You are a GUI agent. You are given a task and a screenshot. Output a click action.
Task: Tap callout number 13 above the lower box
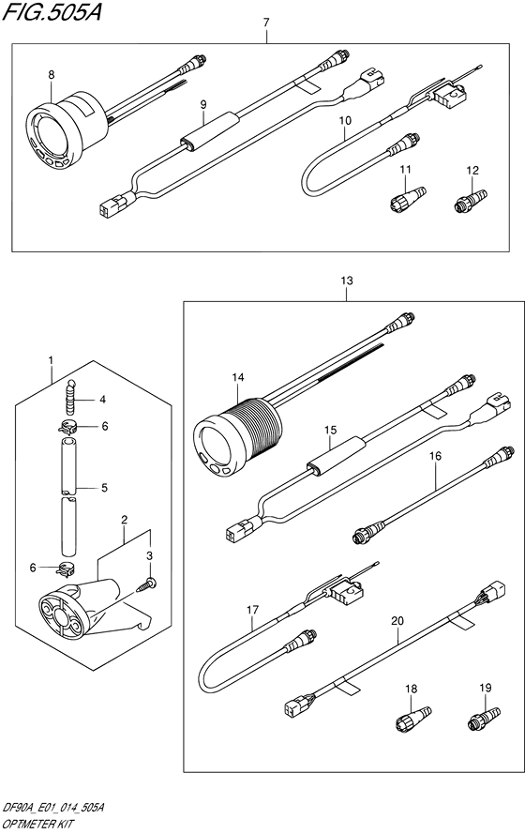(x=347, y=281)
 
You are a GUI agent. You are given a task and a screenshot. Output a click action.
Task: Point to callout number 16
(x=434, y=457)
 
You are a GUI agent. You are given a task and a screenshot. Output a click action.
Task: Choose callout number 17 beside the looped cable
(x=251, y=610)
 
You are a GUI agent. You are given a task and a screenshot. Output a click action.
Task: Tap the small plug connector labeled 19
(x=476, y=722)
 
